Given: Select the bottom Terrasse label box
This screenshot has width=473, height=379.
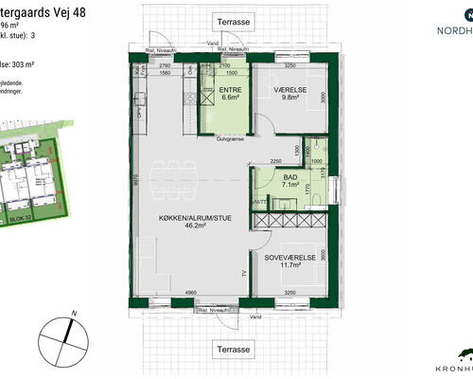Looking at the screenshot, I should click(x=233, y=349).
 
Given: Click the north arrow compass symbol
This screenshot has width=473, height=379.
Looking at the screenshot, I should click(x=58, y=337).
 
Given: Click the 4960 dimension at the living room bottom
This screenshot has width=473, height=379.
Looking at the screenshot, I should click(x=190, y=295).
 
